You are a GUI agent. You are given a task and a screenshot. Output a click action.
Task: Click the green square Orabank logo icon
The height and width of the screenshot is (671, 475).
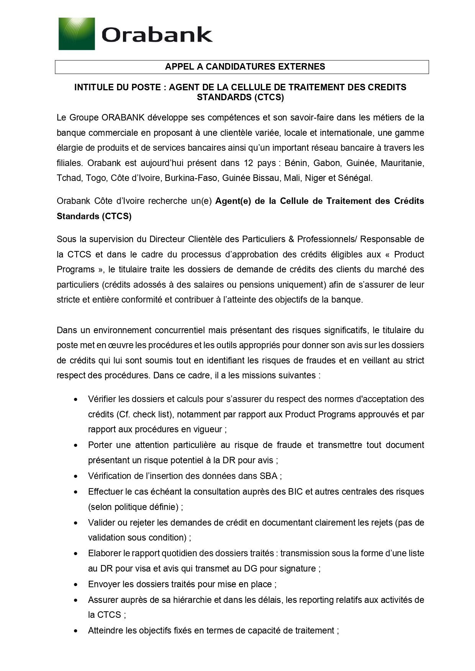77,34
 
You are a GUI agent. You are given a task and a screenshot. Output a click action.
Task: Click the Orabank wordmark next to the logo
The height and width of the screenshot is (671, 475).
157,35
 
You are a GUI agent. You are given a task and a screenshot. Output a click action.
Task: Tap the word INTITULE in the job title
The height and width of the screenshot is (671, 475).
91,87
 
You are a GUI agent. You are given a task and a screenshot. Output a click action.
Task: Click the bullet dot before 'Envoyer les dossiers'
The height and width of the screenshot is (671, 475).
76,585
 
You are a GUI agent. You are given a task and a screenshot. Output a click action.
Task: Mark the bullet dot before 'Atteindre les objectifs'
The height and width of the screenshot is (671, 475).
76,631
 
